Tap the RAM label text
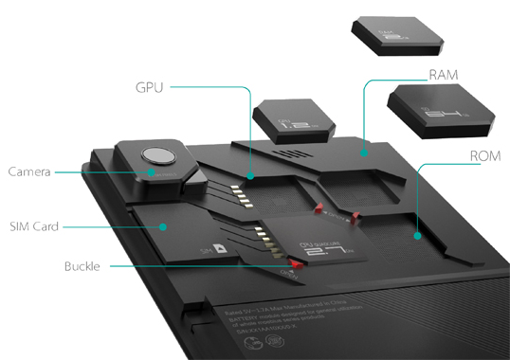point(445,74)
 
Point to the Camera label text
point(28,172)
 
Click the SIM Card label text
point(33,226)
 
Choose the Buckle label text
point(84,266)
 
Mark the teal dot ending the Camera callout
point(154,172)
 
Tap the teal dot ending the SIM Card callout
point(164,226)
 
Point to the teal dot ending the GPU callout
point(249,176)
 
